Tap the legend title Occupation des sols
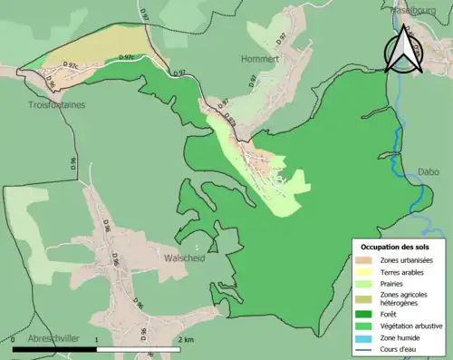tap(396, 246)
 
